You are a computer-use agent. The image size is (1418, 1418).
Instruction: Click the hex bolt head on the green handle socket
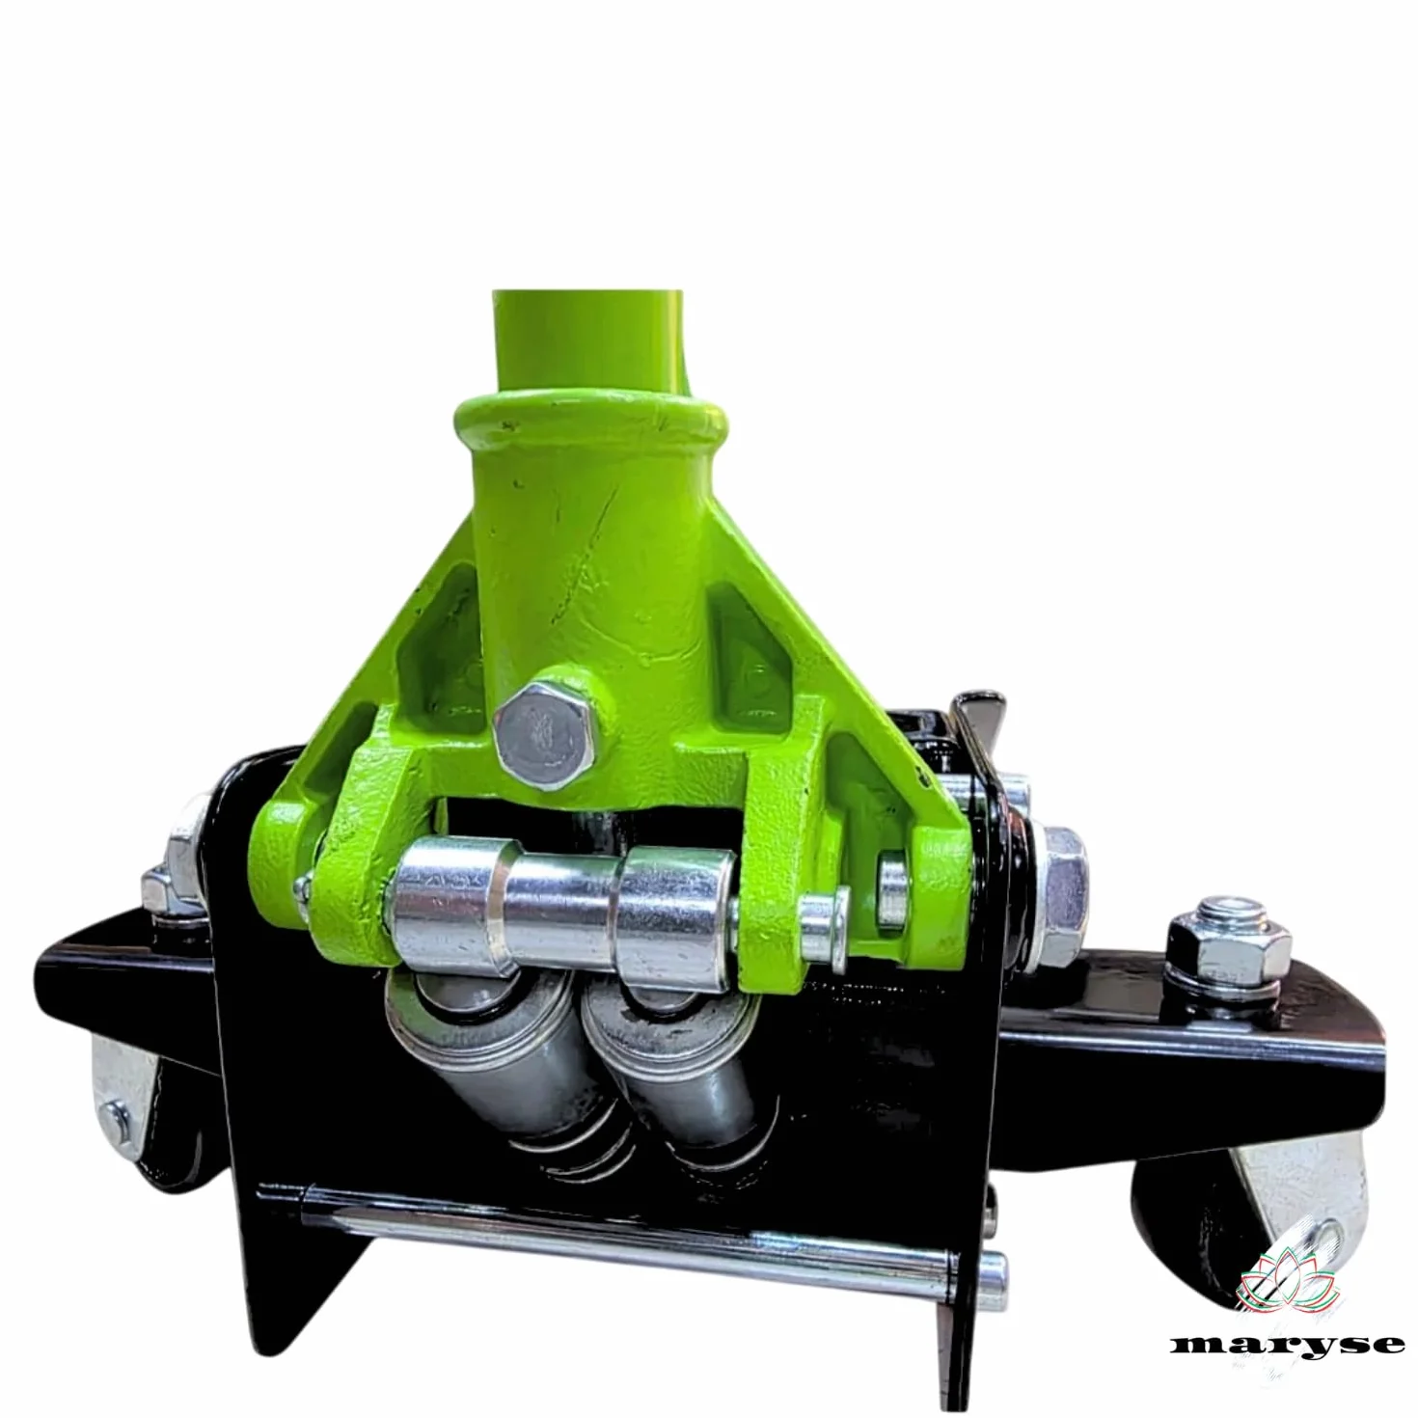tap(545, 735)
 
